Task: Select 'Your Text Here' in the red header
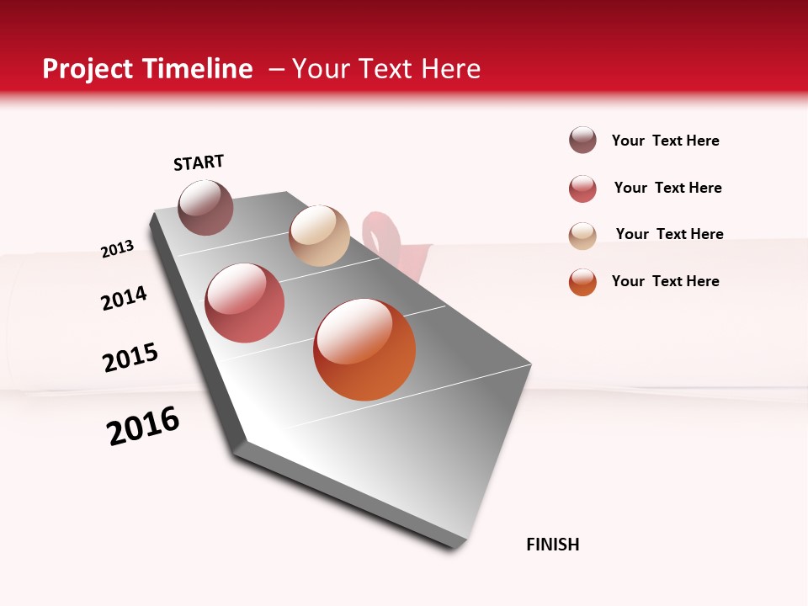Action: [x=386, y=69]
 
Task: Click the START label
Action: [x=199, y=162]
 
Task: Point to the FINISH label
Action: [x=553, y=545]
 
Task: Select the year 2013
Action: [x=117, y=249]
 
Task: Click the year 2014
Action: [x=124, y=299]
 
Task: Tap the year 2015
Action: [x=130, y=358]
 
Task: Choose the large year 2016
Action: [x=143, y=426]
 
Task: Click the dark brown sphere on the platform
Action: [x=206, y=207]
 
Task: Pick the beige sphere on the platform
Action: [x=319, y=236]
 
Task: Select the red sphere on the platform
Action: [x=245, y=303]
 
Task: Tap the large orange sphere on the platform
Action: [x=364, y=349]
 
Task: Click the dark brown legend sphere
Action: [x=582, y=141]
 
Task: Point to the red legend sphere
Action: [x=582, y=189]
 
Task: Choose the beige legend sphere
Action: [x=582, y=235]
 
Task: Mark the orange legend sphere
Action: [x=582, y=282]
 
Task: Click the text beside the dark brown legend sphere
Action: [x=665, y=141]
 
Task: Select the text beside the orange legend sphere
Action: [x=665, y=281]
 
